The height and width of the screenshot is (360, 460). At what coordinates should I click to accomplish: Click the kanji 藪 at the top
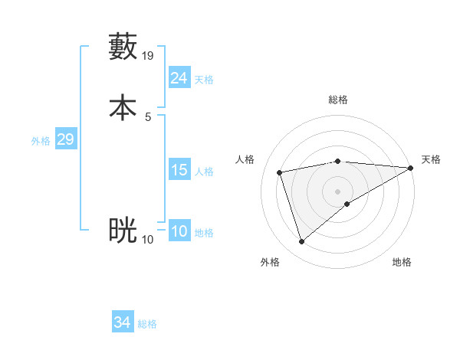click(123, 47)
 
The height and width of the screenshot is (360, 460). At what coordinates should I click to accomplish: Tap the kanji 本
click(123, 107)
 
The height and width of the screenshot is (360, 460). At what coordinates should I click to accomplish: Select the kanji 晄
click(123, 230)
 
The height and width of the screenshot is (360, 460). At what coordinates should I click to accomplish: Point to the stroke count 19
click(148, 56)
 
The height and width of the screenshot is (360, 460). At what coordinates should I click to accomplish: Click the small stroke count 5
click(148, 117)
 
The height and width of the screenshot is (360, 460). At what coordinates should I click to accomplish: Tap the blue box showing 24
click(179, 78)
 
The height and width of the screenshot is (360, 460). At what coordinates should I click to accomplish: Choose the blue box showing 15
click(179, 170)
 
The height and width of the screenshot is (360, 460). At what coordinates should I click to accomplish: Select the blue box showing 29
click(65, 139)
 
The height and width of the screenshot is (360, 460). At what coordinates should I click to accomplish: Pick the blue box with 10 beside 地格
click(179, 231)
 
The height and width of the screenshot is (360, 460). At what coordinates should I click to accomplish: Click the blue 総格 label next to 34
click(147, 324)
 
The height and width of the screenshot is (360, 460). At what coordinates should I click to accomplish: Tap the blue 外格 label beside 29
click(41, 141)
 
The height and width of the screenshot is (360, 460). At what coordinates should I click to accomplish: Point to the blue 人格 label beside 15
click(205, 172)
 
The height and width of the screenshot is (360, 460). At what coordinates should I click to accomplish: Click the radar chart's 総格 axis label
click(338, 100)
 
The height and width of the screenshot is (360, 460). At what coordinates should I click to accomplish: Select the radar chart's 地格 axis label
click(402, 262)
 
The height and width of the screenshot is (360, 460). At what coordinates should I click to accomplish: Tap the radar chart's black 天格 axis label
click(431, 159)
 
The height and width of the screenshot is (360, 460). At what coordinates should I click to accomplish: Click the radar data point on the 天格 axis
click(411, 168)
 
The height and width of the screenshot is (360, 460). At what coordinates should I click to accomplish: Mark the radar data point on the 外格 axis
click(301, 242)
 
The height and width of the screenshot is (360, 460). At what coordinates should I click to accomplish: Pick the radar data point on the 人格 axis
click(280, 172)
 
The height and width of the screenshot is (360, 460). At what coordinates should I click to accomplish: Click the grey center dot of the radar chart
click(338, 191)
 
